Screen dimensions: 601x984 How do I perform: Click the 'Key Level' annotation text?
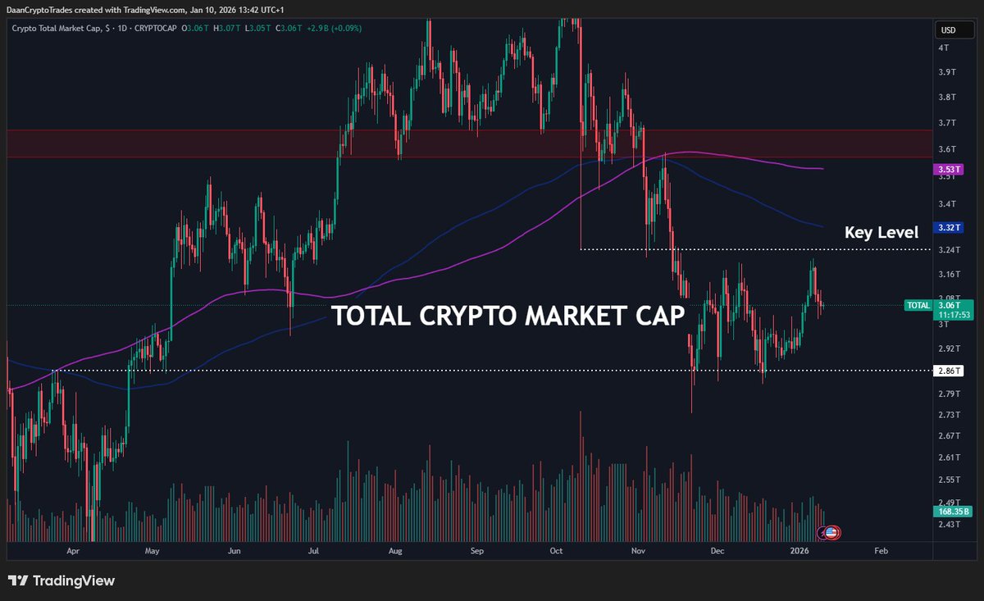(881, 232)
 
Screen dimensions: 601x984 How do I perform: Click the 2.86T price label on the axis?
(947, 371)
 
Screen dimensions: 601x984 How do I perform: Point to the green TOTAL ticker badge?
(917, 305)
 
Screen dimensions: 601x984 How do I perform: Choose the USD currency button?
(948, 30)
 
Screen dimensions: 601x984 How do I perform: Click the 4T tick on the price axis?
(944, 48)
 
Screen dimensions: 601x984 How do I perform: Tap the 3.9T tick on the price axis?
(947, 72)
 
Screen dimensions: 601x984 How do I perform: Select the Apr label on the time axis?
(73, 553)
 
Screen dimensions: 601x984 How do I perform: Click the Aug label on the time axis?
(395, 553)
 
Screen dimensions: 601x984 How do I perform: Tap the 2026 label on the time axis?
(799, 553)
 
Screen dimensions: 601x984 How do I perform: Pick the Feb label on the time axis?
(880, 553)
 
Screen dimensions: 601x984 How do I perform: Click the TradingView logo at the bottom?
(61, 581)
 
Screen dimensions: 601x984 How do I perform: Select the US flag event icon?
(831, 533)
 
